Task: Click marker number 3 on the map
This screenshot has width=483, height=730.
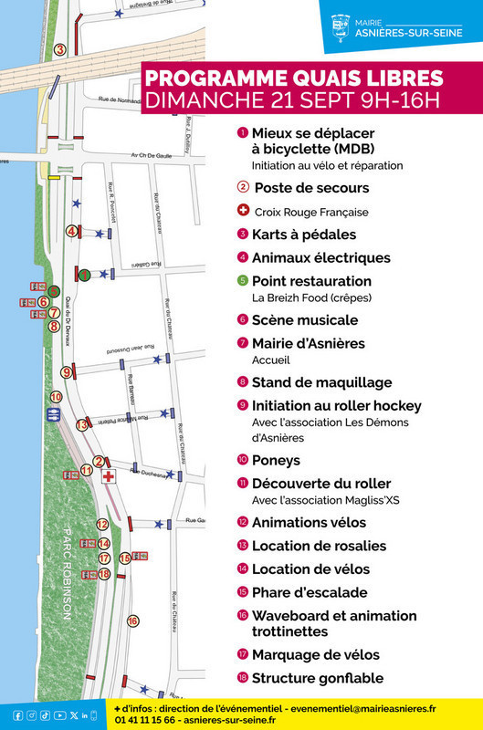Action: [59, 50]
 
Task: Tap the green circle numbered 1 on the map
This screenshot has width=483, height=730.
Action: [83, 274]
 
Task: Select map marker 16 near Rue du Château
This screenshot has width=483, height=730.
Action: [132, 620]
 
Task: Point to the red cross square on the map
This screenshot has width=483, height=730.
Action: [109, 476]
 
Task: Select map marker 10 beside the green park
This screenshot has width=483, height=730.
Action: [56, 397]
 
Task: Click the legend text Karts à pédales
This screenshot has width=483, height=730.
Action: [304, 235]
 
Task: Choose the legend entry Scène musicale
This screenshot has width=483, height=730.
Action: [304, 320]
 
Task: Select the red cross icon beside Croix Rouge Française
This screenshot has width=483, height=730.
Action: [243, 211]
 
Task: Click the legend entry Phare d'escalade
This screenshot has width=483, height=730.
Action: [310, 592]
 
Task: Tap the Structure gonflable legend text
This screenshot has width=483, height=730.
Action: [317, 678]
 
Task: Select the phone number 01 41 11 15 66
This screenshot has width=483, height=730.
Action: [145, 720]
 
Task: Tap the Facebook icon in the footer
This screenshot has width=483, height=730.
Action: [18, 714]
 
